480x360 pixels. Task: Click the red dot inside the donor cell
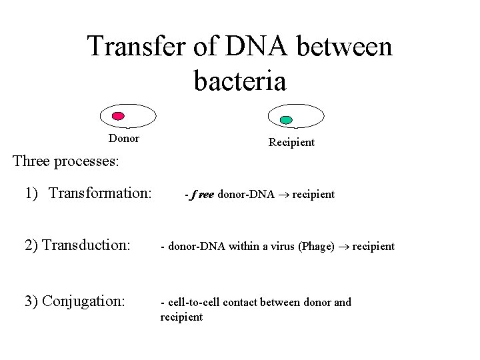coord(118,115)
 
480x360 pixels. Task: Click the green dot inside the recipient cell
coord(286,120)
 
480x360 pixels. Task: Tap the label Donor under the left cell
coord(124,139)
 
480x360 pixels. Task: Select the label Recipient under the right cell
coord(291,142)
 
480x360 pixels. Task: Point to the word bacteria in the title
coord(240,81)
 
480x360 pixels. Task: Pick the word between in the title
coord(348,47)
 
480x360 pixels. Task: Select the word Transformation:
coord(101,194)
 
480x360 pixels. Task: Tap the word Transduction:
coord(86,245)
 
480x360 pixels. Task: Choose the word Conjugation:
coord(83,301)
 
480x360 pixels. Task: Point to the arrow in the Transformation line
coord(283,195)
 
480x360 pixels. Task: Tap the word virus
coord(283,247)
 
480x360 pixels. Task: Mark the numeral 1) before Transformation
coord(31,194)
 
